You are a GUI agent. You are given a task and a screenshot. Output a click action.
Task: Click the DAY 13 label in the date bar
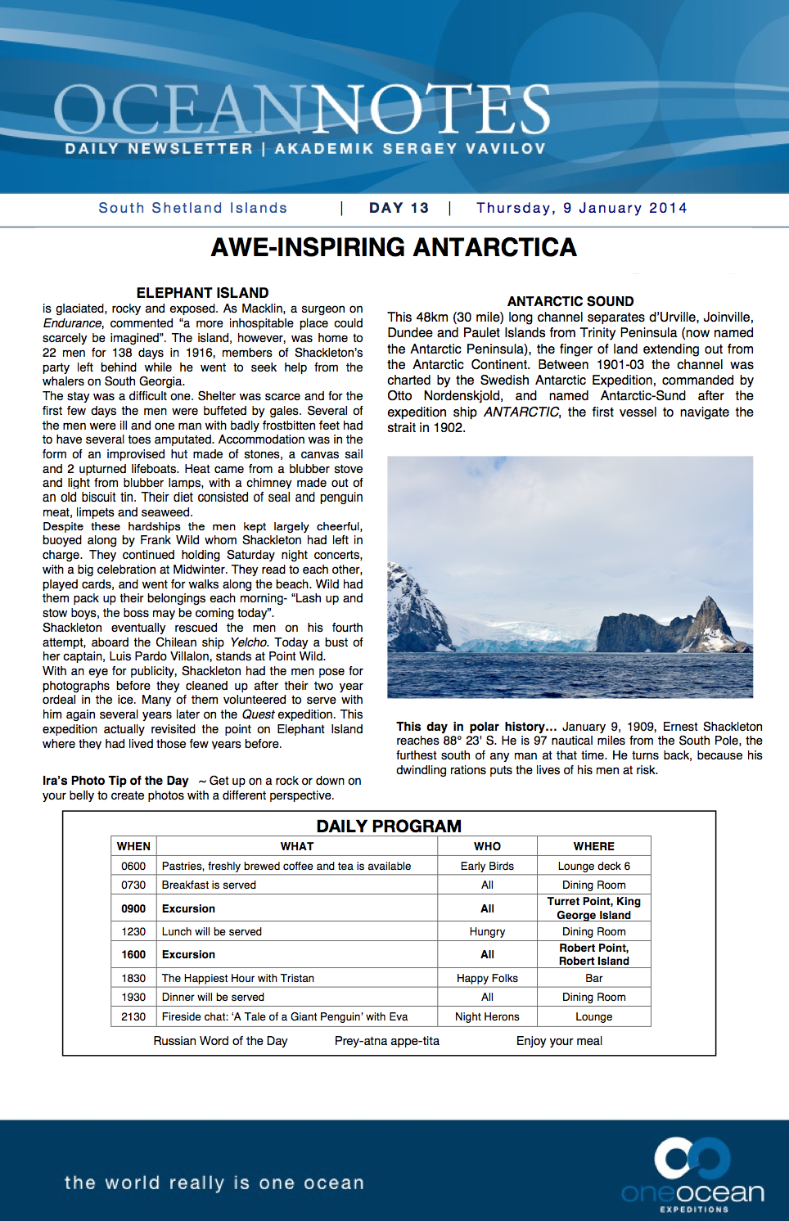[399, 208]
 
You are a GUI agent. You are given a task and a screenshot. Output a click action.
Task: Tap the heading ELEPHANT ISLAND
[202, 293]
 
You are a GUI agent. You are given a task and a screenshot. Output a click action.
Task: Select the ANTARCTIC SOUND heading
[570, 301]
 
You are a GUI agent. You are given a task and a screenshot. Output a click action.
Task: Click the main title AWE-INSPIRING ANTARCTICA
[394, 247]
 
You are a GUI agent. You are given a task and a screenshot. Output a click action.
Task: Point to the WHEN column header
[133, 846]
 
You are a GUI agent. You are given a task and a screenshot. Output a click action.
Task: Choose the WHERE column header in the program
[593, 846]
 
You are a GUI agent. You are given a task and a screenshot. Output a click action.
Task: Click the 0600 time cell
[133, 866]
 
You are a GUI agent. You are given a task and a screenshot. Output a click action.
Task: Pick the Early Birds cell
[487, 866]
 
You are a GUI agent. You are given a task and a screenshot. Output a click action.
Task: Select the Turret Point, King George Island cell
[593, 908]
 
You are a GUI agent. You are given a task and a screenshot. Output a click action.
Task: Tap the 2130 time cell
[133, 1016]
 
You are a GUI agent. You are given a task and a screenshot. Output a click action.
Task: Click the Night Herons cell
[487, 1016]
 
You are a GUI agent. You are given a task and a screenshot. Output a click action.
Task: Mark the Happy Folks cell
[487, 978]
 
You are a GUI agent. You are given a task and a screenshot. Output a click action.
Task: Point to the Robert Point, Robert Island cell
[593, 954]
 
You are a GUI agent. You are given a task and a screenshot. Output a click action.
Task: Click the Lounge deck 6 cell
[593, 866]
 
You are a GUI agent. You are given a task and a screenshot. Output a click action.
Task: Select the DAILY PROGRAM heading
[389, 827]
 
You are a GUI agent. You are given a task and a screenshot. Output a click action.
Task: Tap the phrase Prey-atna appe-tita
[386, 1041]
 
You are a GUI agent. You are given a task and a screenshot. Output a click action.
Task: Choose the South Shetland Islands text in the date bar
[193, 208]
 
